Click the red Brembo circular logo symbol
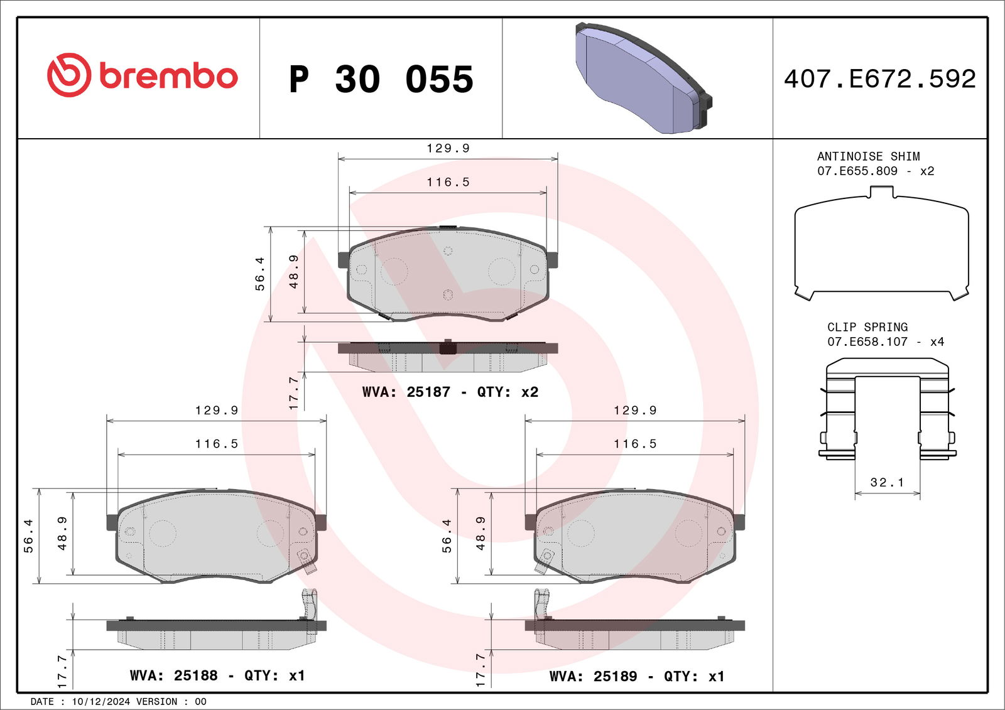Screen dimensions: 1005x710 pos(69,75)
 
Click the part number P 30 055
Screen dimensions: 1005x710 pos(381,79)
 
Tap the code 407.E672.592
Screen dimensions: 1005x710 pos(880,79)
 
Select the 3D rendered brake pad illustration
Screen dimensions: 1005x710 pos(644,78)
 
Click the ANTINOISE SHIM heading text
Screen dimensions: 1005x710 pos(868,156)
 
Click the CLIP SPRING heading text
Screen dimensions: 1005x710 pos(867,327)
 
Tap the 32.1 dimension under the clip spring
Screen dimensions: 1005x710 pos(887,482)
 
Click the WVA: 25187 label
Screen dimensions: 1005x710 pos(406,392)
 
